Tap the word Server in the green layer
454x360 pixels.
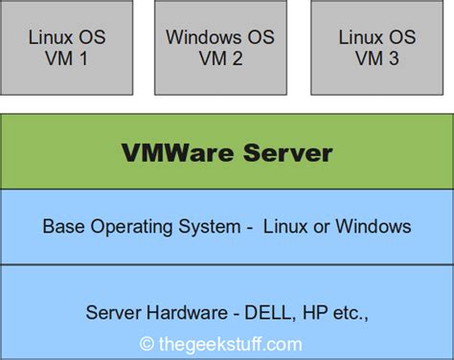tap(286, 153)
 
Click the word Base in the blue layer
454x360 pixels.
tap(62, 227)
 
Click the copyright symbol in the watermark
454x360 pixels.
tap(147, 343)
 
